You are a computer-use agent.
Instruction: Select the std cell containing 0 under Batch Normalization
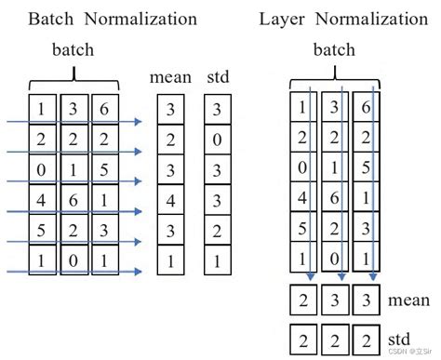point(216,140)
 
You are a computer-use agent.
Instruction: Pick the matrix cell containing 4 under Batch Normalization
point(42,199)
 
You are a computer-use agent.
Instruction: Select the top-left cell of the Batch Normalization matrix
point(42,109)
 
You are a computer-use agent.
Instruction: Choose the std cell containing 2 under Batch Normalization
point(216,231)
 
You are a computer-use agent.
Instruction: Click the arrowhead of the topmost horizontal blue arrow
point(138,120)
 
